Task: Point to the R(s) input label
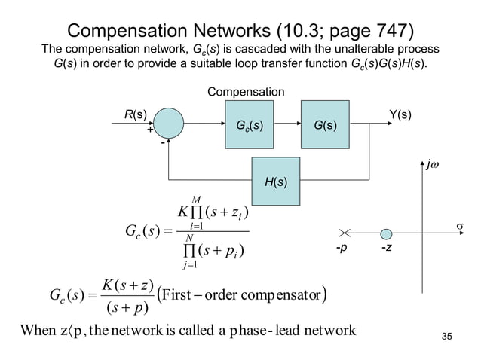136,115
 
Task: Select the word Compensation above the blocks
246,92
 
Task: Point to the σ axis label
458,227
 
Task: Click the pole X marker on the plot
346,233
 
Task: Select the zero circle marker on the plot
386,233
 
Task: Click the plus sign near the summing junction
150,130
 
